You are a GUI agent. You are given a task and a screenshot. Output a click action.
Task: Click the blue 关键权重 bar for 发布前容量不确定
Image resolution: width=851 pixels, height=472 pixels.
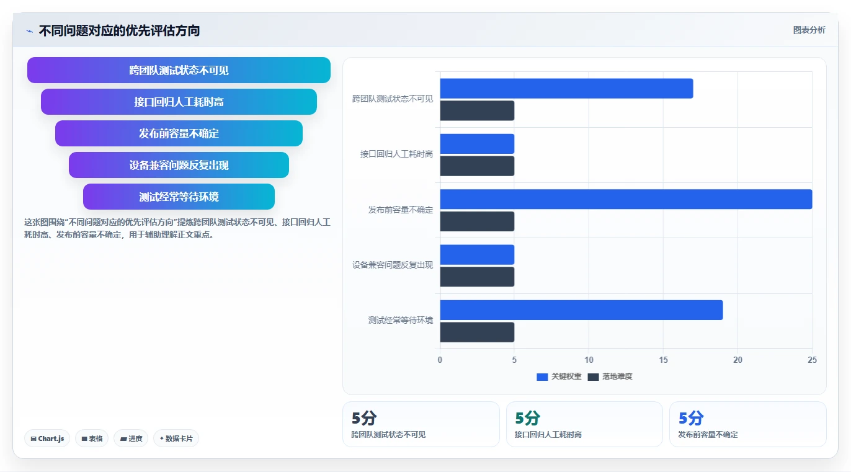pyautogui.click(x=626, y=199)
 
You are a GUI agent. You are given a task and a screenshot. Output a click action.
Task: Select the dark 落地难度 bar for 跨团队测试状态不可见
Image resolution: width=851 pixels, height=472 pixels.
pyautogui.click(x=477, y=110)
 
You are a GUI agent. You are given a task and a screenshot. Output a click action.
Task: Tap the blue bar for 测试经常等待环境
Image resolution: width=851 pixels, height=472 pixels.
pyautogui.click(x=581, y=310)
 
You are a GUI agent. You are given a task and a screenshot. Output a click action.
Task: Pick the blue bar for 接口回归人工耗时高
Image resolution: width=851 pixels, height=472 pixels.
pyautogui.click(x=477, y=144)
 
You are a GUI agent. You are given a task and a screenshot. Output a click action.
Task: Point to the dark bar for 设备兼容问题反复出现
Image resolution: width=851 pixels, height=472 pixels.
pyautogui.click(x=477, y=277)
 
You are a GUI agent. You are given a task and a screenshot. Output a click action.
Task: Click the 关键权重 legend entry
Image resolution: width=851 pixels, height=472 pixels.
pyautogui.click(x=559, y=376)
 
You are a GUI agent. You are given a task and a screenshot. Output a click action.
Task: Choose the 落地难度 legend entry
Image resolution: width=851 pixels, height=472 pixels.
pyautogui.click(x=610, y=376)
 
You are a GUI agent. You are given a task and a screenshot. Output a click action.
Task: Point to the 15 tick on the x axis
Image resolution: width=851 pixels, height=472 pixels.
pyautogui.click(x=663, y=360)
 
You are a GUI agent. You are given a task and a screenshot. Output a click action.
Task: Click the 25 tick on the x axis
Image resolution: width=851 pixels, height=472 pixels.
pyautogui.click(x=813, y=360)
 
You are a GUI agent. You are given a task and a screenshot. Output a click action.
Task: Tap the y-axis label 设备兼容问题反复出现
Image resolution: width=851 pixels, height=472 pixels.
pyautogui.click(x=393, y=265)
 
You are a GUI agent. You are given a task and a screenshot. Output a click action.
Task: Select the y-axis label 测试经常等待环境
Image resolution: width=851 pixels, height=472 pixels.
pyautogui.click(x=401, y=320)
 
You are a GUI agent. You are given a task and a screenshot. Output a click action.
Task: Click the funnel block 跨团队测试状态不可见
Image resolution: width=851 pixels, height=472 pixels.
pyautogui.click(x=179, y=70)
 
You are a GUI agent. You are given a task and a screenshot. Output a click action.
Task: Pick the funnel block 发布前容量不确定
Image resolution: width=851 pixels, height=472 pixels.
pyautogui.click(x=179, y=133)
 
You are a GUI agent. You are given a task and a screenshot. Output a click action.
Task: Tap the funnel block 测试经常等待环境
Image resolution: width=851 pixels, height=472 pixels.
pyautogui.click(x=179, y=197)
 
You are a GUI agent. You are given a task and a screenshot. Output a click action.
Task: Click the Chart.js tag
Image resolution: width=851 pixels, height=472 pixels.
pyautogui.click(x=47, y=439)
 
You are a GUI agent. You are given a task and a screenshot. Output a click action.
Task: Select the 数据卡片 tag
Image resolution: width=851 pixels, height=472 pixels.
pyautogui.click(x=176, y=439)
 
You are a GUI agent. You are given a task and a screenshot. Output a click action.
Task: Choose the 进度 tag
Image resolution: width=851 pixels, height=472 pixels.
pyautogui.click(x=131, y=439)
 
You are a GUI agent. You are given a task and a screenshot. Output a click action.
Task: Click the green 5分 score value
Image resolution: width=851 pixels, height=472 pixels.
pyautogui.click(x=527, y=418)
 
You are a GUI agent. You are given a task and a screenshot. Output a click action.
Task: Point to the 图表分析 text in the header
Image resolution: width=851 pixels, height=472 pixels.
pyautogui.click(x=809, y=30)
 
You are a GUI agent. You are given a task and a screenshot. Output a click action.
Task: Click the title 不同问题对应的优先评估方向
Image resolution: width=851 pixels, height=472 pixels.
pyautogui.click(x=119, y=31)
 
